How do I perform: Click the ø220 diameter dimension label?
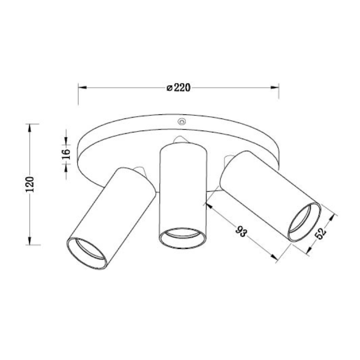coord(178,88)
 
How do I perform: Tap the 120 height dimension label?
coord(30,184)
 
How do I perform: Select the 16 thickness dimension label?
coord(66,154)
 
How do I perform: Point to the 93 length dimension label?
coord(241,231)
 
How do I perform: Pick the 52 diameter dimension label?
coord(321,234)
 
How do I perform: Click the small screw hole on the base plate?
coord(182,121)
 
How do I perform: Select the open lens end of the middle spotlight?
coord(182,238)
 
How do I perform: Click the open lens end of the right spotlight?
coord(304,222)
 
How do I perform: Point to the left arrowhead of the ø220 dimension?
coord(82,87)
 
